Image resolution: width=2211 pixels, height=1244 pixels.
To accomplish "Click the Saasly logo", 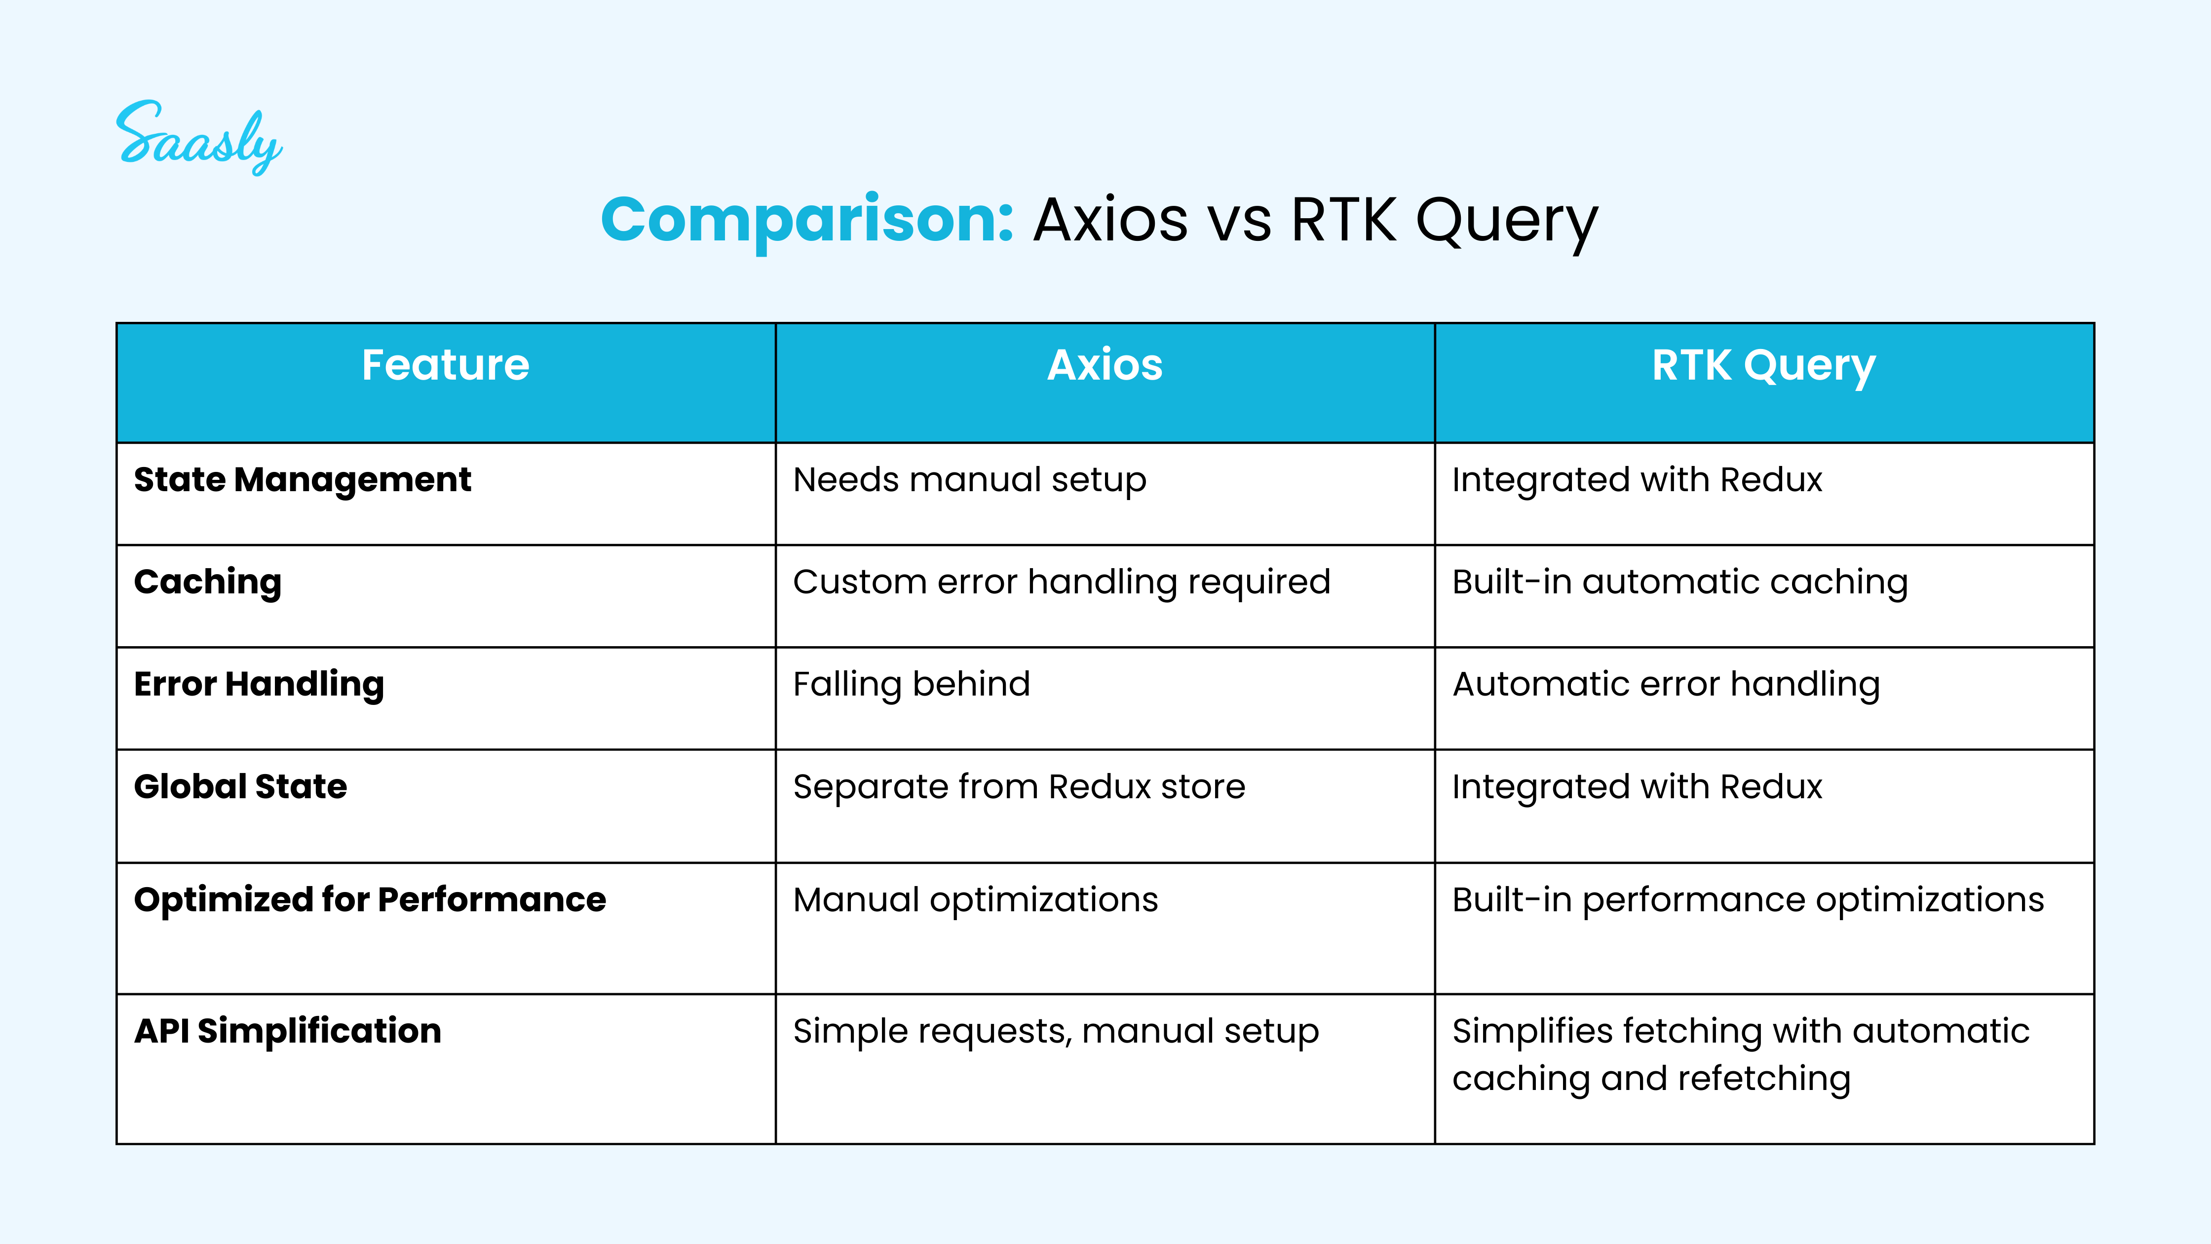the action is pyautogui.click(x=199, y=137).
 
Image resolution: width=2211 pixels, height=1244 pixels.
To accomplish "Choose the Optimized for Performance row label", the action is pyautogui.click(x=371, y=900).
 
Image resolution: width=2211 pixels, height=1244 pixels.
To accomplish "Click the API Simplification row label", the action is pyautogui.click(x=288, y=1031).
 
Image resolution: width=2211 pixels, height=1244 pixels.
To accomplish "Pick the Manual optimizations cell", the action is pyautogui.click(x=976, y=900).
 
